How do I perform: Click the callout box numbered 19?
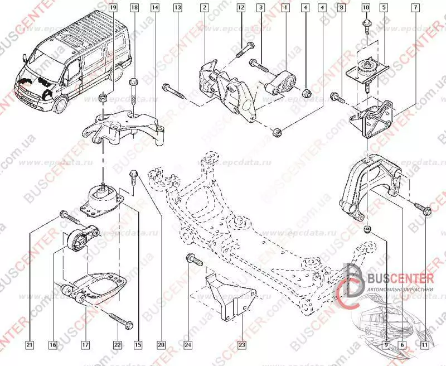(x=113, y=8)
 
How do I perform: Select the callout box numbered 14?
(x=154, y=8)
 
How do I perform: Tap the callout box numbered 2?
(x=205, y=8)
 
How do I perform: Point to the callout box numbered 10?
(x=366, y=8)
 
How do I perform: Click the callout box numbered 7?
(x=416, y=8)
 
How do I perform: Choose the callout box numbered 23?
(x=241, y=344)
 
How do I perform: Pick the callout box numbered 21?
(x=30, y=344)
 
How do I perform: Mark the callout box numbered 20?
(x=161, y=344)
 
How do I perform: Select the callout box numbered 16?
(x=53, y=344)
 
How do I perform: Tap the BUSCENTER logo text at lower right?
(x=400, y=277)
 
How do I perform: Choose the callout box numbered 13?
(x=177, y=8)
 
